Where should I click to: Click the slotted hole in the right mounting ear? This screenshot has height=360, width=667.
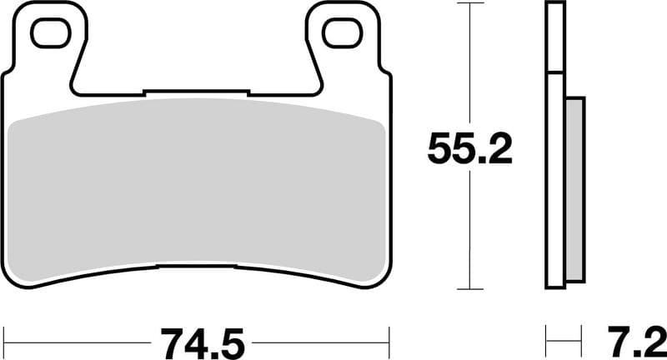[342, 32]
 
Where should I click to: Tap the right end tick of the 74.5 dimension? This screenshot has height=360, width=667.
[389, 341]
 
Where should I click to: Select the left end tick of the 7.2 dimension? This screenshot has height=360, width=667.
[547, 341]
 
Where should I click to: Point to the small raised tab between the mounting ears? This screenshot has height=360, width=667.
[196, 91]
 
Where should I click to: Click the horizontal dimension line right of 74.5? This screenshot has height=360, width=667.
[321, 341]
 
